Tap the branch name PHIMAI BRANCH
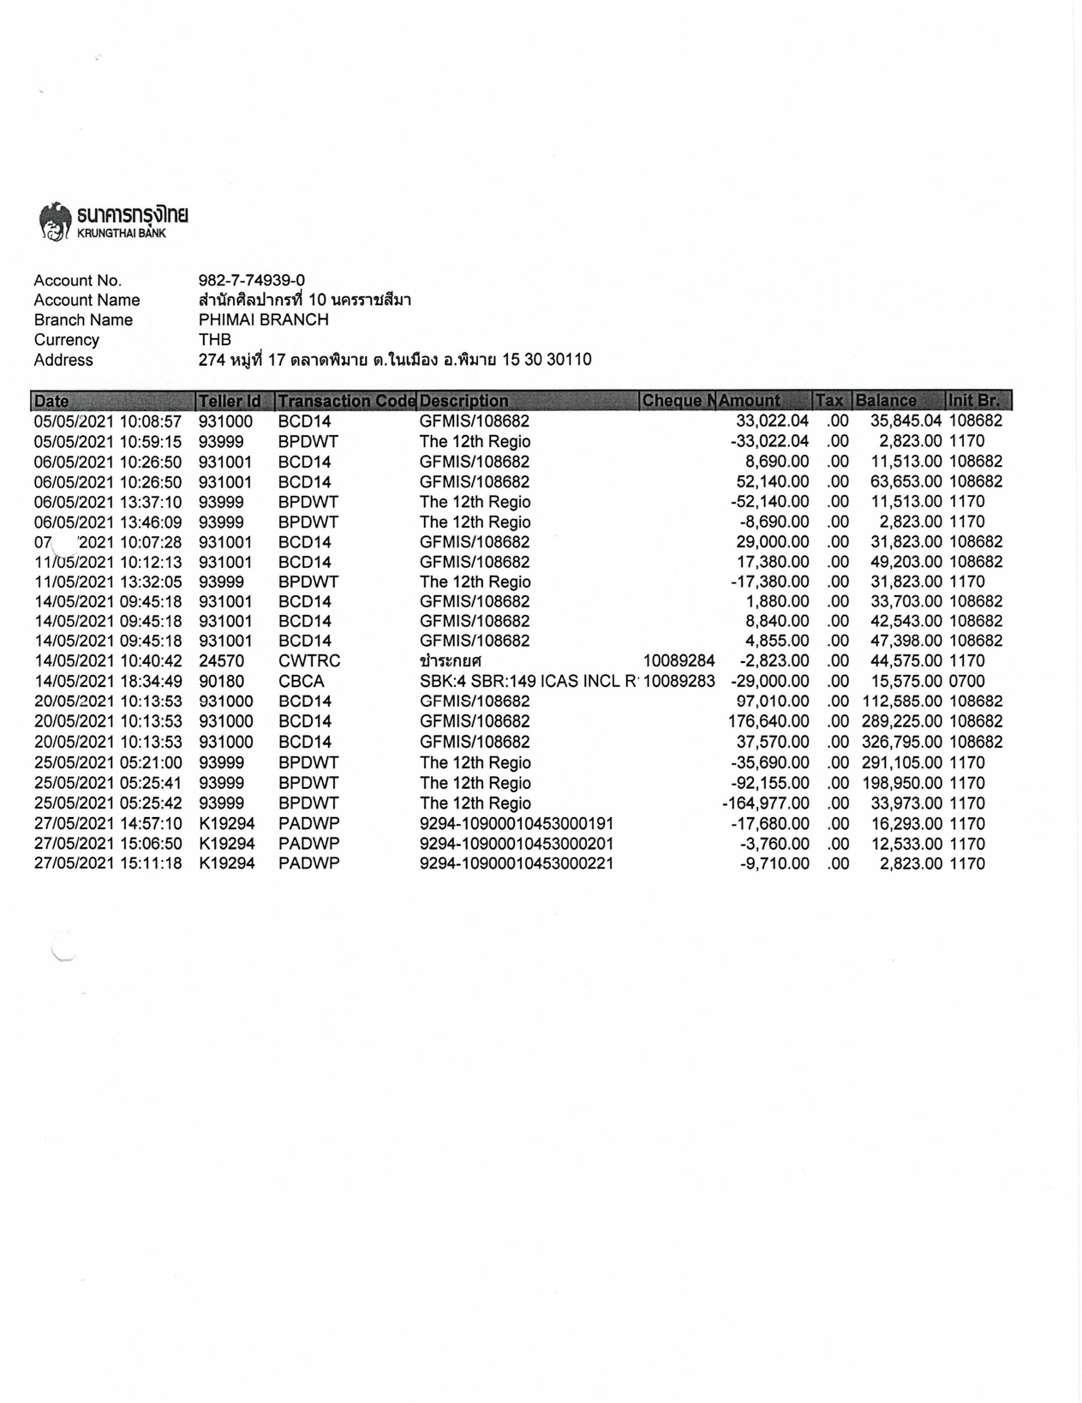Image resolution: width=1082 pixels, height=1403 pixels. tap(263, 320)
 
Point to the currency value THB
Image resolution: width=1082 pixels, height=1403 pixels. tap(214, 340)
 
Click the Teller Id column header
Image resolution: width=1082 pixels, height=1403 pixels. tap(230, 401)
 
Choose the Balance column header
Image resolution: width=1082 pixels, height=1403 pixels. tap(886, 401)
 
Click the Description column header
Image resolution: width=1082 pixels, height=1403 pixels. tap(463, 401)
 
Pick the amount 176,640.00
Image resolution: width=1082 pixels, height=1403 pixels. tap(768, 722)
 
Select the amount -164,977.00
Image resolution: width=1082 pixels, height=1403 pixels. tap(766, 803)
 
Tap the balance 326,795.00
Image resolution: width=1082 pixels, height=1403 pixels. tap(901, 743)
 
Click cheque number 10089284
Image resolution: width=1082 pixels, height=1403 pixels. tap(678, 661)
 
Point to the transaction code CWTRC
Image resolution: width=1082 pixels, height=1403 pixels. tap(309, 661)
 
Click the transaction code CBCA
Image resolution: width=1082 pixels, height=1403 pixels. tap(302, 682)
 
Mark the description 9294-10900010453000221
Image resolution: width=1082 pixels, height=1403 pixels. tap(517, 864)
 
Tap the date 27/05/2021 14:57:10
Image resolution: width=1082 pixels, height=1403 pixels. tap(108, 824)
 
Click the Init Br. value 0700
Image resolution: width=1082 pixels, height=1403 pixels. tap(966, 682)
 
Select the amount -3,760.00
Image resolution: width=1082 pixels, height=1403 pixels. tap(774, 845)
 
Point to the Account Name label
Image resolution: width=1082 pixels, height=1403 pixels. tap(87, 301)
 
